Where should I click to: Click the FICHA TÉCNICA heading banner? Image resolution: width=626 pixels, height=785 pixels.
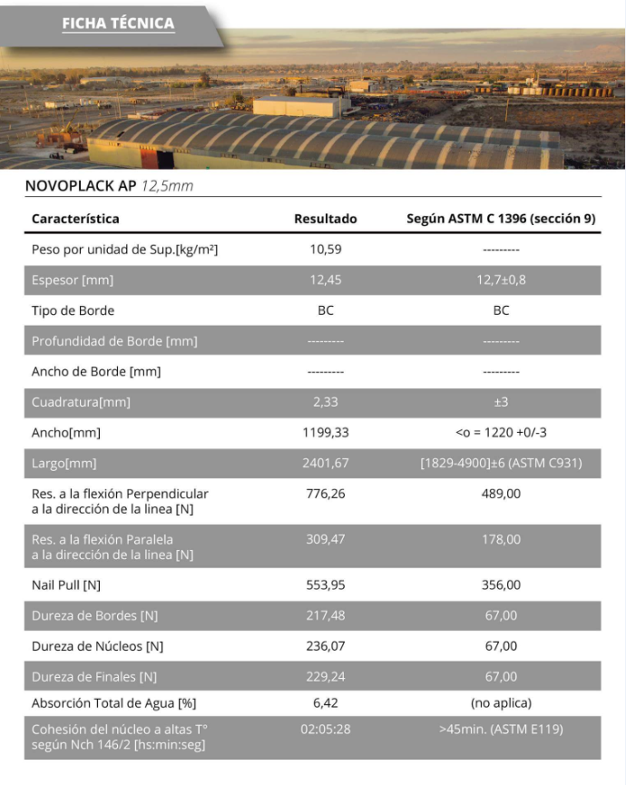click(x=118, y=24)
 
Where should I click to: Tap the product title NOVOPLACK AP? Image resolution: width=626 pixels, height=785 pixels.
click(x=80, y=186)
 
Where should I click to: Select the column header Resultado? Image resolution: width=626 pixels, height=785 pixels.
click(x=325, y=219)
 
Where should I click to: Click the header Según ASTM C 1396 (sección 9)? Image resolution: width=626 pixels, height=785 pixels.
click(x=501, y=219)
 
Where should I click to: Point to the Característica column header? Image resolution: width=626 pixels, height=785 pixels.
click(x=75, y=219)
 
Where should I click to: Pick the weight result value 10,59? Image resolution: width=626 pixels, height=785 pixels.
click(x=325, y=249)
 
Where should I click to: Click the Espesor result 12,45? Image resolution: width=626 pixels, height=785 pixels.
click(x=325, y=280)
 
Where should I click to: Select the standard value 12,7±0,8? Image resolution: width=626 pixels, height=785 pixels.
click(x=501, y=280)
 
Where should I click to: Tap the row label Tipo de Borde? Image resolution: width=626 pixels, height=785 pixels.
click(x=73, y=310)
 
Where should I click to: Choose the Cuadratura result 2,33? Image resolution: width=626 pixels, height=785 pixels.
click(x=325, y=402)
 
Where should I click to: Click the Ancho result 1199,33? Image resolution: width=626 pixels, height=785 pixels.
click(x=325, y=433)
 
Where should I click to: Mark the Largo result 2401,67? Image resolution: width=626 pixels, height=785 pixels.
click(x=325, y=464)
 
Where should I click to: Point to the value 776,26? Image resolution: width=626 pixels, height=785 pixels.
click(x=325, y=494)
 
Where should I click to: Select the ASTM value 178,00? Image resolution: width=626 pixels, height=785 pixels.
click(x=501, y=539)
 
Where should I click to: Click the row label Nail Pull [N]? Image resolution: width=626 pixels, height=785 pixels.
click(x=66, y=584)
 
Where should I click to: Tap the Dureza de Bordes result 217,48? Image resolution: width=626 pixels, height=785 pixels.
click(x=325, y=615)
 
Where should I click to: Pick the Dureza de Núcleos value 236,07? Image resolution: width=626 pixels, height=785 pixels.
click(x=325, y=646)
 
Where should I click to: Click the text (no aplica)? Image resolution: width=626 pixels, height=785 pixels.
click(x=501, y=702)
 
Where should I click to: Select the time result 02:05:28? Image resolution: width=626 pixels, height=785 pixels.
click(x=325, y=729)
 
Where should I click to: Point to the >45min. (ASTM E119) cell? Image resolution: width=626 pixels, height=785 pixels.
click(x=501, y=729)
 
